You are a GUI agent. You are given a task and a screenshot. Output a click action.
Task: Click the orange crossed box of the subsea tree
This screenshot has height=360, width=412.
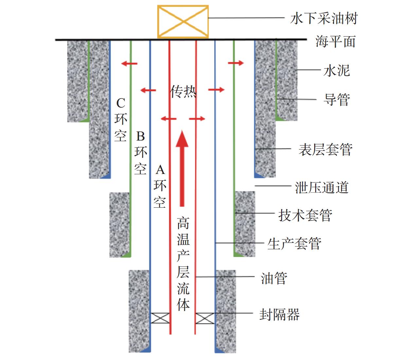tap(183, 22)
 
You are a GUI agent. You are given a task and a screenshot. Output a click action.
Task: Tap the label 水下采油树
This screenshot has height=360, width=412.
tap(324, 19)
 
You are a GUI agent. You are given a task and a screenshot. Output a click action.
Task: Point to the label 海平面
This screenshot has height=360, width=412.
tap(335, 42)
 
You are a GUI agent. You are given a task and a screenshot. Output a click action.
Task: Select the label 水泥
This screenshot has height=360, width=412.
tap(336, 70)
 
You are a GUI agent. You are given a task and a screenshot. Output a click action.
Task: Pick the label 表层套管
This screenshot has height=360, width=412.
tap(325, 150)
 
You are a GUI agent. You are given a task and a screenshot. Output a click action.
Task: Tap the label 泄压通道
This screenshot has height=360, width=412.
tap(322, 188)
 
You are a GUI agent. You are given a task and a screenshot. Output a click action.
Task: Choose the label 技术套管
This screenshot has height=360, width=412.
tap(305, 215)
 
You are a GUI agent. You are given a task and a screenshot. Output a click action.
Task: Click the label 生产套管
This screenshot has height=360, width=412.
tap(294, 244)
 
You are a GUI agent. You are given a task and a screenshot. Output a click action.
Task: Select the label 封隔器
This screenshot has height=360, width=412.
tap(279, 315)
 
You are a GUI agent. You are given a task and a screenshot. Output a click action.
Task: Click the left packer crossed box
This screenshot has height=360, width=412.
tap(160, 318)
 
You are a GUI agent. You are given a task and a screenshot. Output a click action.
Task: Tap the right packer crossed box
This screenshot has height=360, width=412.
tap(205, 318)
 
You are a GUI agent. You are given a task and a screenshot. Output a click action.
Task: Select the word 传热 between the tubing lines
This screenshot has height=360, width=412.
tap(183, 92)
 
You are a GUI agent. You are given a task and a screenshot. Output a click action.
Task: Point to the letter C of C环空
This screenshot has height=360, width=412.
tap(121, 103)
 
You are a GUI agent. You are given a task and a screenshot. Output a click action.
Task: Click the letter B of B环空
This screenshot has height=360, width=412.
tap(140, 136)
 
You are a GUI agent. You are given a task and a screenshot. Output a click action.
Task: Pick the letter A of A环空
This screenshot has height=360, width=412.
tap(160, 170)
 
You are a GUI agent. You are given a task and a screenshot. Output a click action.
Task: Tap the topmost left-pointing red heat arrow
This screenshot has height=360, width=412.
tap(129, 63)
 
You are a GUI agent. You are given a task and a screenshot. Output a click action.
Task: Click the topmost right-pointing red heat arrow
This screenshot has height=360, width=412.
tap(236, 63)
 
